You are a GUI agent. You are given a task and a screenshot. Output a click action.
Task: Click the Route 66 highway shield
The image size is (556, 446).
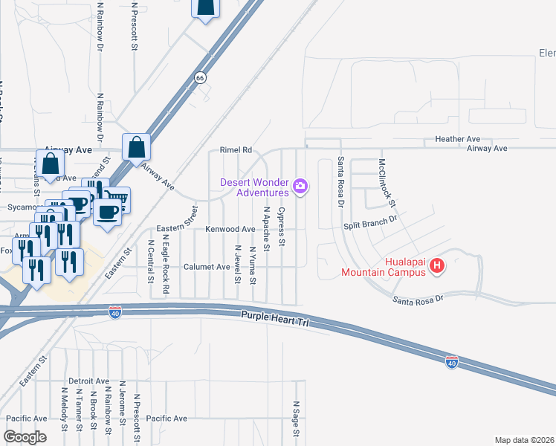[x=200, y=77]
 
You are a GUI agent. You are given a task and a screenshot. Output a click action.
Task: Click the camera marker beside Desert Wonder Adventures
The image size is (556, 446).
[x=300, y=186]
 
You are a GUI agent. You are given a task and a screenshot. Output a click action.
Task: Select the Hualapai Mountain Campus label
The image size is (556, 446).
[x=384, y=267]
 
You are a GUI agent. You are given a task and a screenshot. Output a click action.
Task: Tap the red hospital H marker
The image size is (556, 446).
[x=438, y=265]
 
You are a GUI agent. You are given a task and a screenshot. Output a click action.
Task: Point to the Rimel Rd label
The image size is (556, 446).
[x=236, y=149]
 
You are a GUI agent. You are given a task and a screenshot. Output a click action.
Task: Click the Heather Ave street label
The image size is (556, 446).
[x=458, y=139]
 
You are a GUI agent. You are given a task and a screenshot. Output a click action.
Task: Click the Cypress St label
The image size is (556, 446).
[x=281, y=227]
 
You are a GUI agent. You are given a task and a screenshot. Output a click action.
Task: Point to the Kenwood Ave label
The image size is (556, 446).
[x=230, y=230]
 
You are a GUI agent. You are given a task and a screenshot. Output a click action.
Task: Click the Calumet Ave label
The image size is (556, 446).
[x=207, y=266]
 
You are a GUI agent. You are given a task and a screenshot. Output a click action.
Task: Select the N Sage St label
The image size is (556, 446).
[x=296, y=418]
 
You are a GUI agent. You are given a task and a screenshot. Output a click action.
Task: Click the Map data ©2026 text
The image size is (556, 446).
[x=524, y=439]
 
